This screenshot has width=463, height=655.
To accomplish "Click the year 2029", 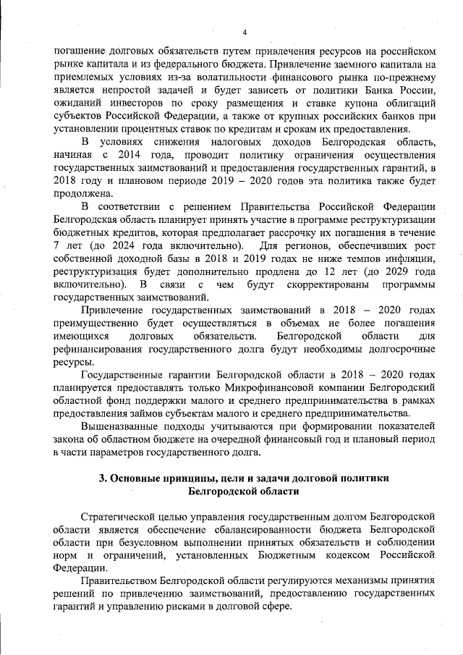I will (401, 272).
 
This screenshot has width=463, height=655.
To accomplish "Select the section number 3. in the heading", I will (103, 478).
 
